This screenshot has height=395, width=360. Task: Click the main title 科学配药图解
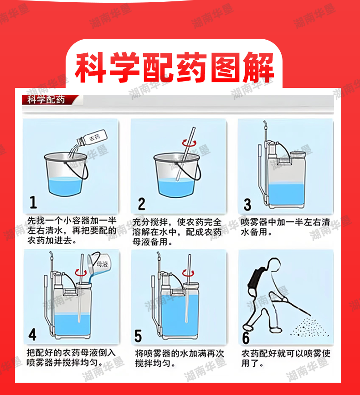coord(175,67)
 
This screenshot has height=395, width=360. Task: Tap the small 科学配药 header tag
coord(46,100)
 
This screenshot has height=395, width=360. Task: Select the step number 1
coord(33,202)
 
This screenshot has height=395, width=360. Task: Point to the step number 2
coord(142,204)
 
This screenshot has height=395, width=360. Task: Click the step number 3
coord(247,204)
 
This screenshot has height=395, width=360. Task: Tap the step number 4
coord(32,335)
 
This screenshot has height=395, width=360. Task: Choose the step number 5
coord(138,336)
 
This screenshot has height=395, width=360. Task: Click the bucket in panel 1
coord(66,174)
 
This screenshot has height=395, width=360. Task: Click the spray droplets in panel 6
coord(309,328)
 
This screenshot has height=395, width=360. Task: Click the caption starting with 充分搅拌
coord(177,232)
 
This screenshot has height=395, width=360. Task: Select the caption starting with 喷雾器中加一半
coord(285,227)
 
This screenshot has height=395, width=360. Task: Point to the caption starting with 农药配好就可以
coord(286,359)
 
